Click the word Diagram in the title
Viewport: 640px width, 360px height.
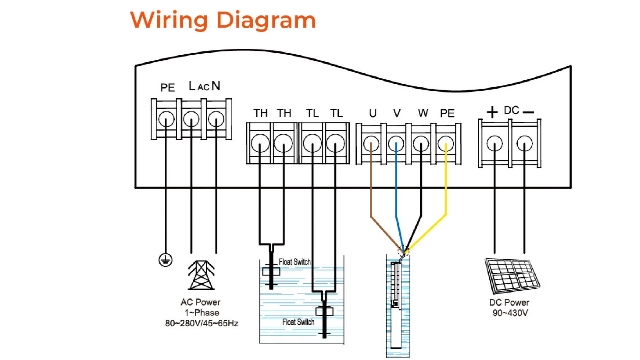(x=266, y=20)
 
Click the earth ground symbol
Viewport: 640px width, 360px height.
(x=165, y=260)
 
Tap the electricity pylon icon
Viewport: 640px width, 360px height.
(x=201, y=275)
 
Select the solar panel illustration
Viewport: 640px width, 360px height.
(x=512, y=276)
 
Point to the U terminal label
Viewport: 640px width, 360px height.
(x=373, y=113)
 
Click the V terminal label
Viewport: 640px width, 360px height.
(x=397, y=113)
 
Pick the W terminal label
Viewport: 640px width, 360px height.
(x=423, y=113)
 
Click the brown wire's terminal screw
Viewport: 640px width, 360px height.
(x=371, y=144)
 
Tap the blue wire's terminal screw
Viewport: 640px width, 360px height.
(x=396, y=144)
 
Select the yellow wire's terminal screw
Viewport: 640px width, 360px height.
(x=446, y=144)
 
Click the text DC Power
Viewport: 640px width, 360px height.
(x=509, y=303)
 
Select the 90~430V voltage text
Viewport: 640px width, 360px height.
(x=510, y=313)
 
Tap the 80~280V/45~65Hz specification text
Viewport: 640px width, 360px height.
(x=202, y=323)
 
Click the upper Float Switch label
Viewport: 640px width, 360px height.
(x=294, y=262)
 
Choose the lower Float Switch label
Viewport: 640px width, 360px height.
(x=298, y=322)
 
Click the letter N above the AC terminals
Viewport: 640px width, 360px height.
(x=216, y=86)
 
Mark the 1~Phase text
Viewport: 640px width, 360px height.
(x=202, y=313)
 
